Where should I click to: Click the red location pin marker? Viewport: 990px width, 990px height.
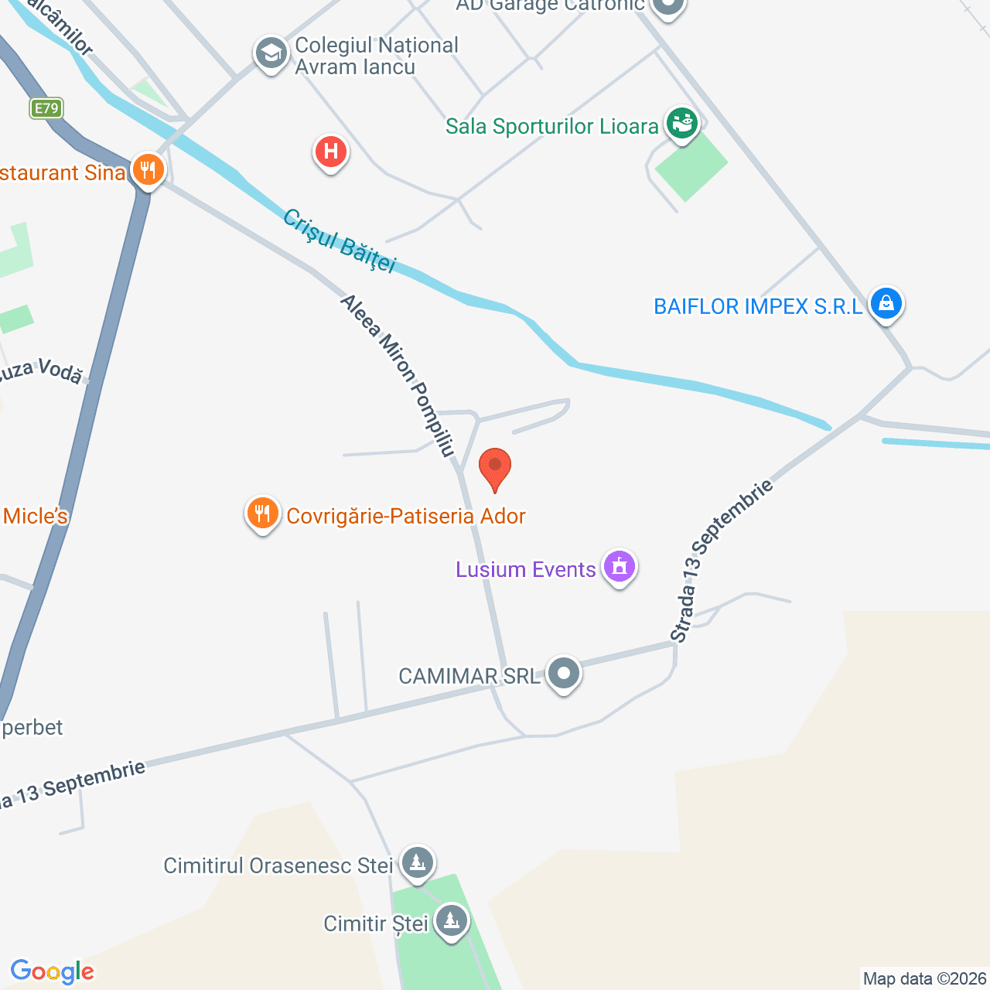pyautogui.click(x=495, y=467)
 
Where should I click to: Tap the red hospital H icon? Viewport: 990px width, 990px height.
pyautogui.click(x=331, y=152)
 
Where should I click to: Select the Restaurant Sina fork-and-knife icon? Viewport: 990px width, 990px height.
pyautogui.click(x=148, y=170)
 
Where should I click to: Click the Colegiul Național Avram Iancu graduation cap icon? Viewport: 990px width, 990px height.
pyautogui.click(x=271, y=53)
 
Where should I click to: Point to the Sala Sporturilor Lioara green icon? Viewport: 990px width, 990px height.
pyautogui.click(x=682, y=124)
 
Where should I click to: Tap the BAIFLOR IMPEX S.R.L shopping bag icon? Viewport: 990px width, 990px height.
pyautogui.click(x=886, y=303)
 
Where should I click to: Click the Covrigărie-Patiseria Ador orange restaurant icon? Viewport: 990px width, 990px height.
pyautogui.click(x=263, y=514)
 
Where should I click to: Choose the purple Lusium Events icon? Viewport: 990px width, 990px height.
pyautogui.click(x=620, y=567)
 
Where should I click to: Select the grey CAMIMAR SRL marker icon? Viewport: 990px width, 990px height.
pyautogui.click(x=564, y=674)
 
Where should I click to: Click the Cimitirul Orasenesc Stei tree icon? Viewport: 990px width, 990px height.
pyautogui.click(x=418, y=862)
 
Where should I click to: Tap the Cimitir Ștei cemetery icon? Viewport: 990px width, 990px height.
pyautogui.click(x=451, y=921)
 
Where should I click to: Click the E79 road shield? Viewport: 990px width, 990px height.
pyautogui.click(x=46, y=108)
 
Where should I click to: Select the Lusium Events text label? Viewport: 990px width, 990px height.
pyautogui.click(x=526, y=570)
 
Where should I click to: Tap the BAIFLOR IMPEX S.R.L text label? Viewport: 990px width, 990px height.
pyautogui.click(x=758, y=307)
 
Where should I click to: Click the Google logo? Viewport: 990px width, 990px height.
pyautogui.click(x=53, y=971)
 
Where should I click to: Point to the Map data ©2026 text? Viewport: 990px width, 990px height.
pyautogui.click(x=924, y=979)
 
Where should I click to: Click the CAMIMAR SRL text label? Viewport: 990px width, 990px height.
pyautogui.click(x=469, y=677)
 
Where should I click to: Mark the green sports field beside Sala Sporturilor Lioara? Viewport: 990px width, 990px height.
pyautogui.click(x=691, y=165)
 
